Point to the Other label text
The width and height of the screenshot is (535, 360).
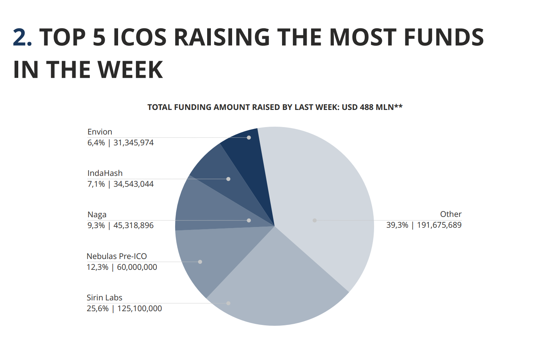[450, 214]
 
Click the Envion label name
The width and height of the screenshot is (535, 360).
[99, 132]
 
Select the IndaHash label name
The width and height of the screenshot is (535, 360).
[105, 173]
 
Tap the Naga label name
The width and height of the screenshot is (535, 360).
[97, 215]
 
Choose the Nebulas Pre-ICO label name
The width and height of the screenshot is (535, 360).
[117, 256]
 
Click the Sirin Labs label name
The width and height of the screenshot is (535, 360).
[104, 298]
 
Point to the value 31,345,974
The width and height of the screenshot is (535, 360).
[133, 143]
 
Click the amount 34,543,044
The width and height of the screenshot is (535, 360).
[133, 184]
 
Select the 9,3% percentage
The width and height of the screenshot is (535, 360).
[96, 225]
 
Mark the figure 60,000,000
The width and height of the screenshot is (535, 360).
[137, 267]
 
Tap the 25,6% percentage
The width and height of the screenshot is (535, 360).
[98, 309]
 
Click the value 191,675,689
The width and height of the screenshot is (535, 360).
[439, 225]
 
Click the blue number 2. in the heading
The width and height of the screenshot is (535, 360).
[22, 38]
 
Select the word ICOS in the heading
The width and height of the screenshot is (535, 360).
[139, 38]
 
